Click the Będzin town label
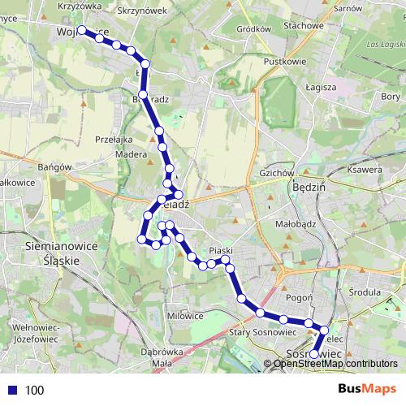pyautogui.click(x=307, y=186)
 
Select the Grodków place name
pyautogui.click(x=252, y=28)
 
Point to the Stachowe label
pyautogui.click(x=304, y=25)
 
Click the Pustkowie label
pyautogui.click(x=285, y=61)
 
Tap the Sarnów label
pyautogui.click(x=347, y=7)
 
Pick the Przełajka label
pyautogui.click(x=114, y=139)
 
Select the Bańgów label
pyautogui.click(x=55, y=167)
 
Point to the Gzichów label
pyautogui.click(x=275, y=173)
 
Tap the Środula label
pyautogui.click(x=364, y=292)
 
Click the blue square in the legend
pyautogui.click(x=12, y=391)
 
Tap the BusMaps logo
pyautogui.click(x=368, y=390)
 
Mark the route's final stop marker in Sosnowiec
pyautogui.click(x=314, y=354)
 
